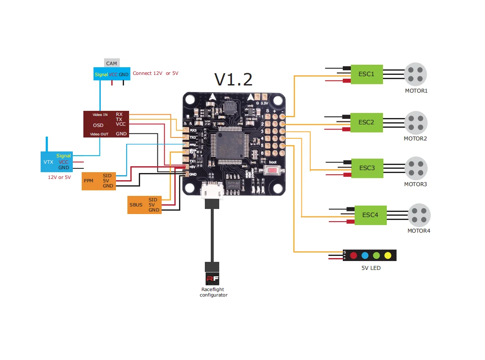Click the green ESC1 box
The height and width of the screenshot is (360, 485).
[367, 74]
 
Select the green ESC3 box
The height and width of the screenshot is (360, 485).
[367, 168]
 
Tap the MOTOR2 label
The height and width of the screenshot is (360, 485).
[415, 139]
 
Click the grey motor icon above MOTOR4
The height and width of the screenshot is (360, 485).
[419, 214]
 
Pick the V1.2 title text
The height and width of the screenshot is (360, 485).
[233, 80]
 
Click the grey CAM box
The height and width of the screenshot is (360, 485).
[112, 63]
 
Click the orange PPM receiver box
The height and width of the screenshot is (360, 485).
[98, 181]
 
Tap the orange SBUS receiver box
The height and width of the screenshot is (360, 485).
[144, 205]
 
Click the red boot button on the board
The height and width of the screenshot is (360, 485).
[273, 171]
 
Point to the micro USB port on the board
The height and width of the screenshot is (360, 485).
[212, 191]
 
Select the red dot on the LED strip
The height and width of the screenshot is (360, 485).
[353, 255]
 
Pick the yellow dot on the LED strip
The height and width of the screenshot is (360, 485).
[388, 255]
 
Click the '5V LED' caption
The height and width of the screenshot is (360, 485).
[371, 268]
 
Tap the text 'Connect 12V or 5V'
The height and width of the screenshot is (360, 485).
[155, 73]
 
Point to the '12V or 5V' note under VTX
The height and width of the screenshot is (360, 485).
[59, 177]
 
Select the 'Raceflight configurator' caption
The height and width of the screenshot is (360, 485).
[213, 292]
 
